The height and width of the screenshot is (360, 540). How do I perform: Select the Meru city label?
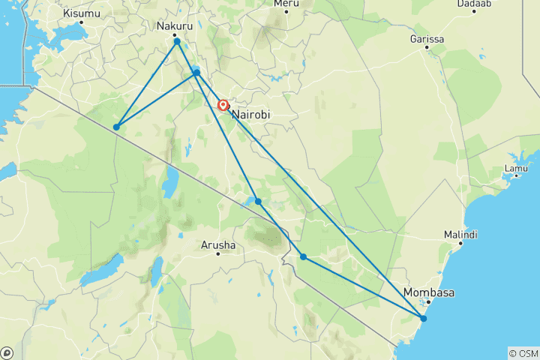pos(286,4)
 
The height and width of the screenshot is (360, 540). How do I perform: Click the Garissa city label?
pos(427,38)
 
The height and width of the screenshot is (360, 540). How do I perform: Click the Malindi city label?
pos(460,235)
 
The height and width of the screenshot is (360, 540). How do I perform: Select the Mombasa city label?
pos(428,292)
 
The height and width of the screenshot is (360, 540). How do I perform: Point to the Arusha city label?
pos(218,244)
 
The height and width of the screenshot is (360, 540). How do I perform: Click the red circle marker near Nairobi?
pos(223,106)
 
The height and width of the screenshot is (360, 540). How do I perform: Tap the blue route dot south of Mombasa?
pos(424,319)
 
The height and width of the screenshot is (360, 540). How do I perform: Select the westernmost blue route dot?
pos(116,127)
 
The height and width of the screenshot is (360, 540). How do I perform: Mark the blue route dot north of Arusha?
pos(258,202)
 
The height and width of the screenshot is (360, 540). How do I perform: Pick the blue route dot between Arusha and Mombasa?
pos(303,256)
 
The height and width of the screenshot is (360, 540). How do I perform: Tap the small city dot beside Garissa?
pos(426,48)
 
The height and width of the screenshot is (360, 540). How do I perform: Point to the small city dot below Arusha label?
pos(218,253)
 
